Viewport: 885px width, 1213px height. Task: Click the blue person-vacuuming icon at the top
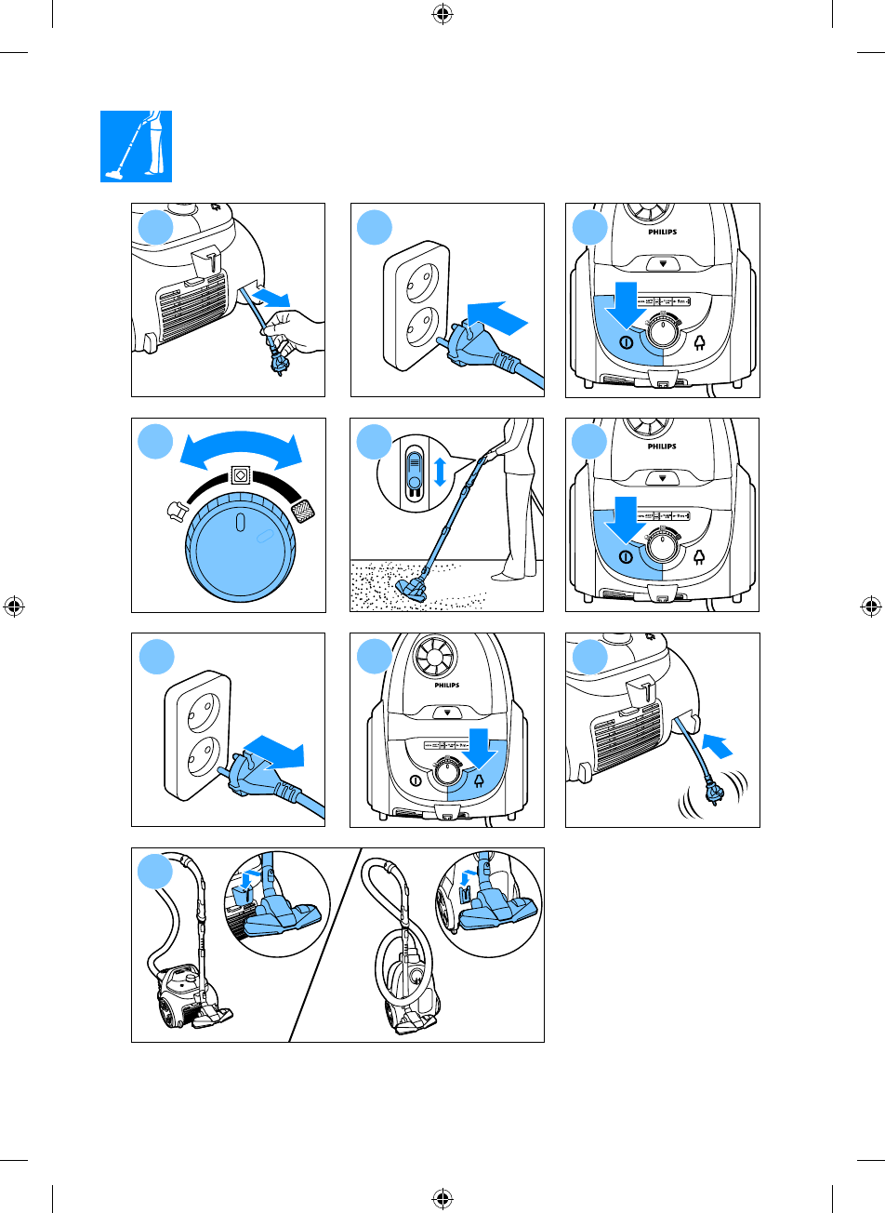coord(137,146)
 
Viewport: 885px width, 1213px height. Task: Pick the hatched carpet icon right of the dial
coord(303,511)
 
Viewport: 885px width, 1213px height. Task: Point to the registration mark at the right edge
coord(871,607)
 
